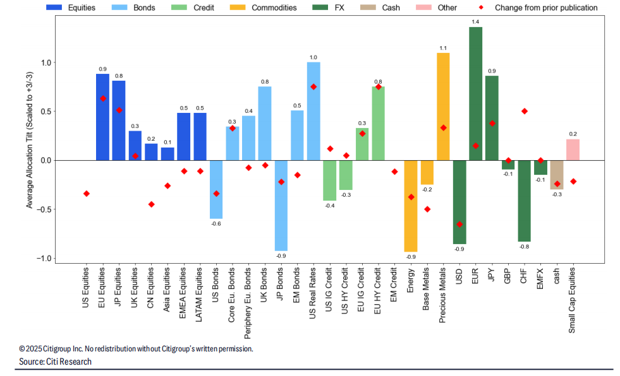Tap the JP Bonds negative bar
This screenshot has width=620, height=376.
click(x=281, y=205)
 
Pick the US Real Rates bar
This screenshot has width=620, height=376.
click(x=313, y=111)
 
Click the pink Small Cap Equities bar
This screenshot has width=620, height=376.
click(x=573, y=150)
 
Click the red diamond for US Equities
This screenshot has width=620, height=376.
click(x=87, y=194)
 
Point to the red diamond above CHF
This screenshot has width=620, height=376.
click(x=524, y=111)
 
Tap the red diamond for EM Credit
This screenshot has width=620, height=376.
click(x=394, y=172)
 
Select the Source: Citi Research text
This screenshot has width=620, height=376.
click(x=56, y=361)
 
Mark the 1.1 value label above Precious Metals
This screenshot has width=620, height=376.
click(x=443, y=48)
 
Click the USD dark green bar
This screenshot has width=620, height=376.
click(x=459, y=202)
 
